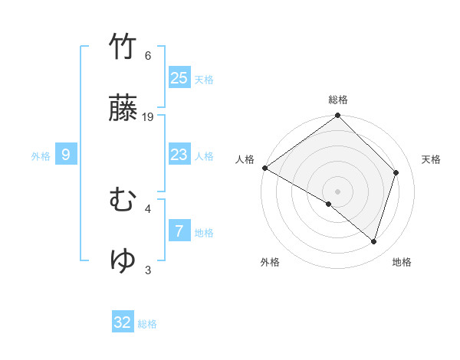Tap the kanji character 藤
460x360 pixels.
pyautogui.click(x=123, y=108)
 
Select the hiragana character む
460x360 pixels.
pyautogui.click(x=123, y=200)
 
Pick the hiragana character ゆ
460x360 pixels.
pyautogui.click(x=123, y=260)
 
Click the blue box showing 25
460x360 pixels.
pyautogui.click(x=179, y=77)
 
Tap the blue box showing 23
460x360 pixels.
pyautogui.click(x=179, y=155)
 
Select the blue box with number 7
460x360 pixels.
pyautogui.click(x=179, y=231)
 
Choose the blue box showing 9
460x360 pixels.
pyautogui.click(x=66, y=155)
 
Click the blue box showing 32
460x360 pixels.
pyautogui.click(x=123, y=322)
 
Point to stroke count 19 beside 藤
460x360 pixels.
pyautogui.click(x=149, y=117)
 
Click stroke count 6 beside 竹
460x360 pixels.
pyautogui.click(x=148, y=56)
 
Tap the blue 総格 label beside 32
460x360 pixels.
pyautogui.click(x=147, y=324)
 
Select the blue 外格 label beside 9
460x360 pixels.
pyautogui.click(x=41, y=156)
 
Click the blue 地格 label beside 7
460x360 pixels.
pyautogui.click(x=204, y=233)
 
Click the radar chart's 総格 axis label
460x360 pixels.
pyautogui.click(x=338, y=100)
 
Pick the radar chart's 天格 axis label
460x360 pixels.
pyautogui.click(x=432, y=159)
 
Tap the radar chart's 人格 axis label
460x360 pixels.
pyautogui.click(x=245, y=159)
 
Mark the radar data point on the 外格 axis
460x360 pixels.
pyautogui.click(x=329, y=205)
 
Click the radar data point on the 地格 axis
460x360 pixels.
pyautogui.click(x=373, y=242)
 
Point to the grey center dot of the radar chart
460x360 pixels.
pyautogui.click(x=337, y=191)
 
